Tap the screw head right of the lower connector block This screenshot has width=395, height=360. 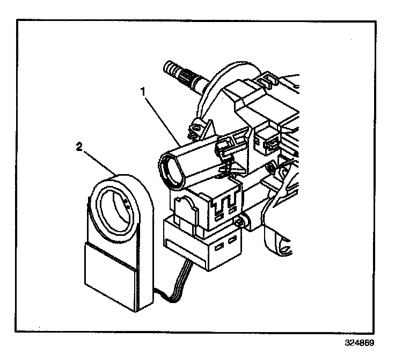click(246, 220)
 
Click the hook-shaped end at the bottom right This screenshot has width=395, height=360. click(284, 248)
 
